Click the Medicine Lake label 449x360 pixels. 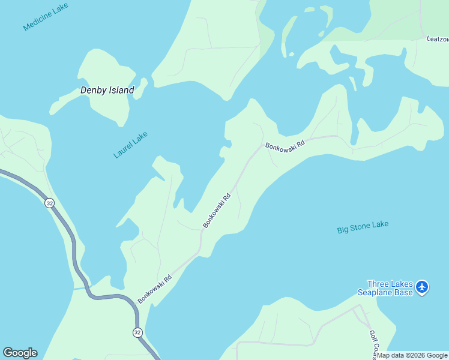tap(46, 17)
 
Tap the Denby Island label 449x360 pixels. tap(107, 91)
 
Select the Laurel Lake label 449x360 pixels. tap(130, 145)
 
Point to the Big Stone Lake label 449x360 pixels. tap(363, 227)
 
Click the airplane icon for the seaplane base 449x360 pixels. tap(422, 287)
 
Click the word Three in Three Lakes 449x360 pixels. tap(379, 284)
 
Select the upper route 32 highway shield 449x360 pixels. tap(49, 203)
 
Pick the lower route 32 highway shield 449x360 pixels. tap(137, 332)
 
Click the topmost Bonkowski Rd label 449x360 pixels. tap(285, 145)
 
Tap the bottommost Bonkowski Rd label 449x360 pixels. tap(155, 289)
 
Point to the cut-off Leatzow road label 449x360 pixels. tap(437, 39)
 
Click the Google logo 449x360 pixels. tap(20, 353)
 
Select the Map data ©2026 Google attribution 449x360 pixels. tap(412, 355)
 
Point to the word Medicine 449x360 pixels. tap(38, 21)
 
